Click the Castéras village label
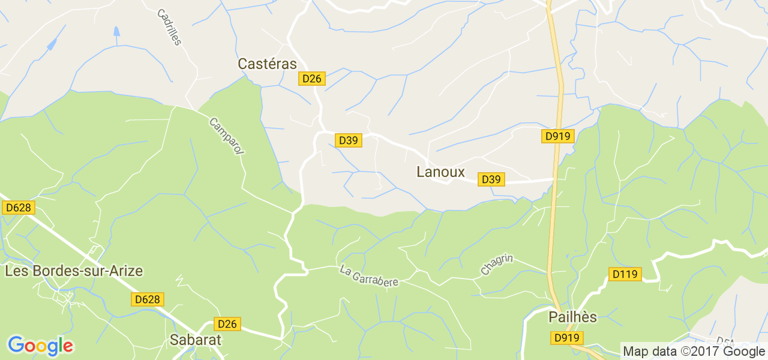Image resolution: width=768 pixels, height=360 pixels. tap(267, 64)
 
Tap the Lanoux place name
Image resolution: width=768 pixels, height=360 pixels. tap(440, 172)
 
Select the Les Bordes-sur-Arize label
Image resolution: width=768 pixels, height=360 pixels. tap(74, 271)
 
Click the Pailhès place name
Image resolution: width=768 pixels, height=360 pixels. tap(572, 317)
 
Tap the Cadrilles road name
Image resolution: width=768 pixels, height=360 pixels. tap(169, 27)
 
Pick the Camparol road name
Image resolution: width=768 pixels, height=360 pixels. tap(227, 136)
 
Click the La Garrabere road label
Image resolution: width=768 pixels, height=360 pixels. tap(369, 276)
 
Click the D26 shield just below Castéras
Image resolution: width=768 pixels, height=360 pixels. tap(312, 79)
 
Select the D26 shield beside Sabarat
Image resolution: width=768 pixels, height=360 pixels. tap(227, 324)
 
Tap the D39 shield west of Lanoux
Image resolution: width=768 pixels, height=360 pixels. tap(348, 140)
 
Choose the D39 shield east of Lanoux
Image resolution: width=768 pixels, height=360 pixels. tap(491, 179)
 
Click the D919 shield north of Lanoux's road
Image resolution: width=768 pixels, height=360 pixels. tap(557, 136)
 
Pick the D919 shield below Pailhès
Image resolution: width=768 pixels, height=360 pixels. tap(566, 338)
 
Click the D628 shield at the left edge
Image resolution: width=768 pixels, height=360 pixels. tap(19, 208)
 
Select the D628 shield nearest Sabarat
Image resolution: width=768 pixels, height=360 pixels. tap(148, 299)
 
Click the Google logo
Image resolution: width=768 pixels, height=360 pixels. tap(40, 346)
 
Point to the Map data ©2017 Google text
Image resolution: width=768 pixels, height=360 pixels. tap(694, 352)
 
